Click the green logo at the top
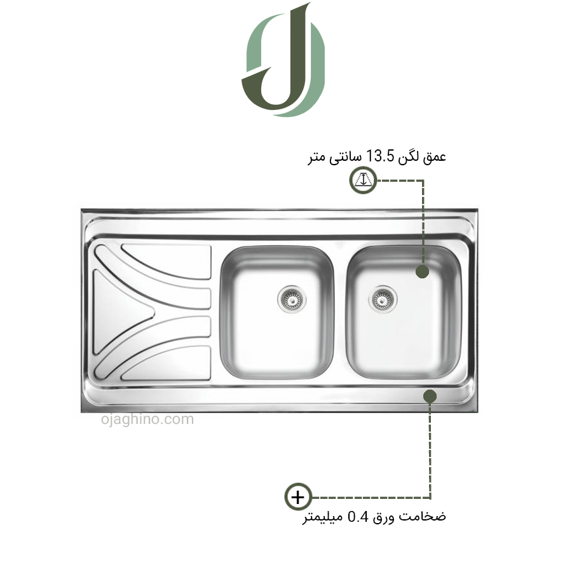point(283,60)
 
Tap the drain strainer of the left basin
point(292,299)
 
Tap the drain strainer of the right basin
point(383,299)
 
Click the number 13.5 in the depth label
point(380,156)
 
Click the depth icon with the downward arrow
point(363,180)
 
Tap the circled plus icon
point(298,497)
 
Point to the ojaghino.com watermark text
point(147,419)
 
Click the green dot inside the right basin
point(422,271)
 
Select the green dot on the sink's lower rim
point(430,396)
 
